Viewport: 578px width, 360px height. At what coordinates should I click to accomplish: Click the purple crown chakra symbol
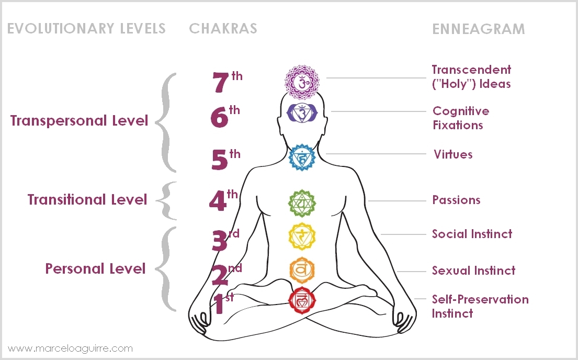click(x=301, y=82)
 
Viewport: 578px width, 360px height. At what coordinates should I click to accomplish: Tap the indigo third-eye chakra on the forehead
click(x=301, y=111)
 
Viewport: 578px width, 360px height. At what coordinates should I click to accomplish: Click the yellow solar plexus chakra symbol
click(x=302, y=236)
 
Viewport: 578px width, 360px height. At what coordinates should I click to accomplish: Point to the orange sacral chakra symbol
click(x=302, y=269)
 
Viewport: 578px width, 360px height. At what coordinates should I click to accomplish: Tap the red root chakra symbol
click(x=302, y=300)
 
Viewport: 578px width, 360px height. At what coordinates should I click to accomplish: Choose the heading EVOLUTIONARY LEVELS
click(x=86, y=28)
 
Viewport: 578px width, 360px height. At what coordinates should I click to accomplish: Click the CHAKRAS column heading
click(x=223, y=28)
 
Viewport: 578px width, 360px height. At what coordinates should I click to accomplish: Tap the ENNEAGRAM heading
click(x=478, y=29)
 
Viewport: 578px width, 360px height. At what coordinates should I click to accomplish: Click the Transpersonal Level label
click(x=80, y=121)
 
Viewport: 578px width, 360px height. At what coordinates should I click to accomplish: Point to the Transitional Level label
click(x=87, y=200)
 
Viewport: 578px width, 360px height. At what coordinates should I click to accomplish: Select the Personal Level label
click(x=95, y=269)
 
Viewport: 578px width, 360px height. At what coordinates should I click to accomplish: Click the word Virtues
click(x=453, y=154)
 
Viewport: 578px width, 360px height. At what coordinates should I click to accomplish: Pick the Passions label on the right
click(x=456, y=200)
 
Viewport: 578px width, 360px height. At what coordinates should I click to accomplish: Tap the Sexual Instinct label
click(x=473, y=271)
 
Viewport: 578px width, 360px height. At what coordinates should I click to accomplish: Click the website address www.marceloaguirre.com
click(x=71, y=348)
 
